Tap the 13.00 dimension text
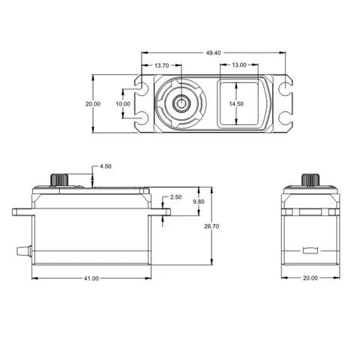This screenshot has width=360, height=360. (x=238, y=66)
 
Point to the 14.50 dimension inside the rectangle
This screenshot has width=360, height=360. (x=236, y=103)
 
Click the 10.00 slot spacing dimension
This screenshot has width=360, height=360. (x=122, y=103)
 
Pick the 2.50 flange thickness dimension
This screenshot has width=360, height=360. (x=175, y=196)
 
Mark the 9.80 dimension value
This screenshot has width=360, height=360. (x=198, y=202)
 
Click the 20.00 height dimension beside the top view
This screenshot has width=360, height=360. (x=92, y=103)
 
